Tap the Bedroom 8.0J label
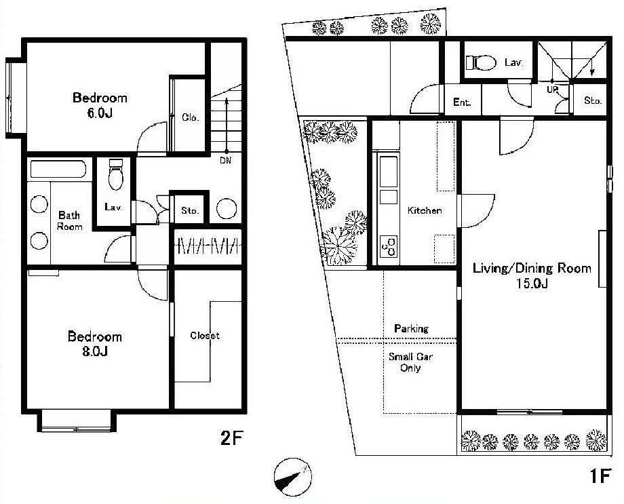point(95,343)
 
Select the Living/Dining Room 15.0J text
point(532,275)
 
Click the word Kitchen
point(425,210)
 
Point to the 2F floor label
point(231,438)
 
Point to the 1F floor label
point(600,476)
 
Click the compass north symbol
point(293,477)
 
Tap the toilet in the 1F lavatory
point(481,62)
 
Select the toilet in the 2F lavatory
point(116,174)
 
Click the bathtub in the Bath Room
point(58,169)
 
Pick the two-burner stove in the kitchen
point(389,247)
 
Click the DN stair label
point(225,161)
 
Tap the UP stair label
point(552,90)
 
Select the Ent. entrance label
point(462,102)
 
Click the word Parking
point(411,328)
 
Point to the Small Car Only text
point(410,362)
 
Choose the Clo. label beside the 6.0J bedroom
point(190,117)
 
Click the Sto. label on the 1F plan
point(593,100)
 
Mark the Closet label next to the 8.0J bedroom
point(205,336)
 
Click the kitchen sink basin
point(389,172)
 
